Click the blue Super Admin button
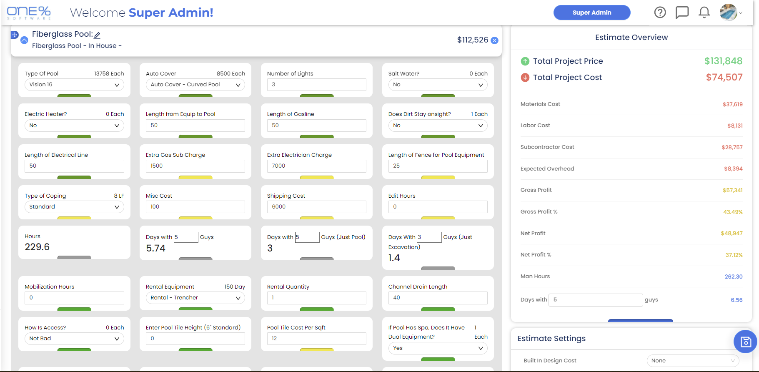[591, 13]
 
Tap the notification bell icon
[704, 13]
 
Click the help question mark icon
[660, 13]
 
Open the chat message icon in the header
[682, 13]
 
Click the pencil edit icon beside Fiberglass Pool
[97, 35]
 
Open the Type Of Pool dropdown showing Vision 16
[74, 85]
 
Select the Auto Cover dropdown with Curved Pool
[195, 85]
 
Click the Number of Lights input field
[316, 85]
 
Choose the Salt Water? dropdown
[438, 85]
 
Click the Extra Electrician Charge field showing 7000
[316, 166]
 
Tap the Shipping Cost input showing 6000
[316, 207]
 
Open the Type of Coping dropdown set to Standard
[74, 207]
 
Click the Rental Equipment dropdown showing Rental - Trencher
[195, 298]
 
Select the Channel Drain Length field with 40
[438, 298]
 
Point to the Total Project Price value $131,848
[723, 61]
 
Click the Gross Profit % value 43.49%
[732, 212]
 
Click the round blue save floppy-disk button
[745, 342]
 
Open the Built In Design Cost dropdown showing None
[692, 361]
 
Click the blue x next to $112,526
[494, 40]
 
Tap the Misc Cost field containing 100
[195, 207]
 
